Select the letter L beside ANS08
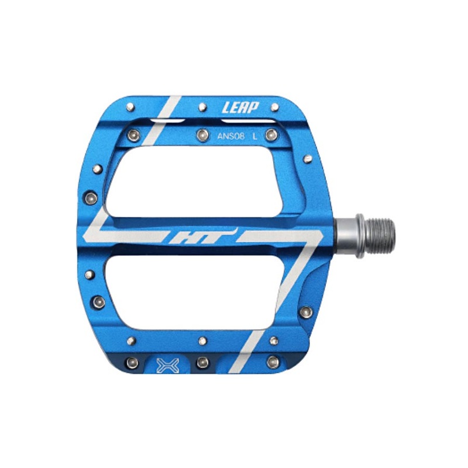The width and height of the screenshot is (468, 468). point(254,136)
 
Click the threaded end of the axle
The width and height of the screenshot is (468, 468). point(378,236)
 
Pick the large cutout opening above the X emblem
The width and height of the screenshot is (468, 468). point(199,292)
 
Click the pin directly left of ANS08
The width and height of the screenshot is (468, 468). point(202,135)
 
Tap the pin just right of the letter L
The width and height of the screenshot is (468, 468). point(270,135)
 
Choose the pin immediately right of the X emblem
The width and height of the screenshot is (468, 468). point(202,362)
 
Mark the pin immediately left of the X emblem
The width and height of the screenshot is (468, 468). point(133,362)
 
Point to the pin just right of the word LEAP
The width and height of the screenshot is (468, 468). point(274,107)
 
